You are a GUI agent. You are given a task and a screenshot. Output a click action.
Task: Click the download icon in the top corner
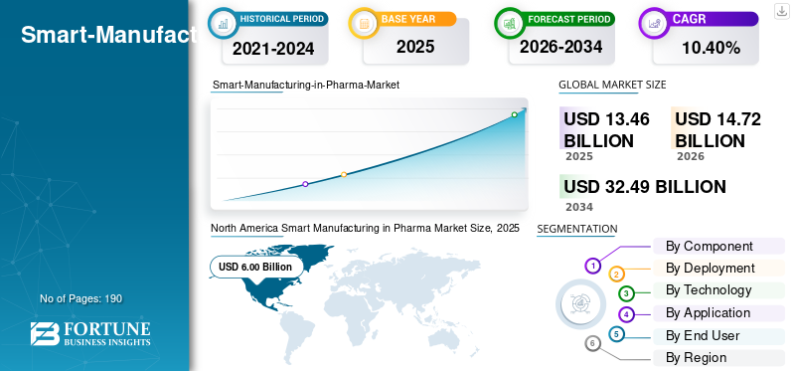click(x=781, y=10)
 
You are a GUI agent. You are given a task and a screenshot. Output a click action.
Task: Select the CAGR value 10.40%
click(x=711, y=47)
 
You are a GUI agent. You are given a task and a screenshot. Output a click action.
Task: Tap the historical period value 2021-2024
click(x=273, y=47)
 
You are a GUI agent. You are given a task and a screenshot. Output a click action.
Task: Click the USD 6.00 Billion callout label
click(x=255, y=267)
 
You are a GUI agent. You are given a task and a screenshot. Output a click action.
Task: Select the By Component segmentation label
click(x=709, y=246)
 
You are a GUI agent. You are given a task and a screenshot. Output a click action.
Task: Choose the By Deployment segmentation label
click(x=710, y=268)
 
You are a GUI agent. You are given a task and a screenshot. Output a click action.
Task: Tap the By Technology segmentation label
click(x=709, y=289)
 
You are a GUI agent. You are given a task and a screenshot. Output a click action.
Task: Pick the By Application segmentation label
click(x=708, y=312)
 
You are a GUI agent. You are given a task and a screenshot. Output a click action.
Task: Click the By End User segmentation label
click(x=703, y=335)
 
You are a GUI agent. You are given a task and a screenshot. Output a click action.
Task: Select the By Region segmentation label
click(x=696, y=357)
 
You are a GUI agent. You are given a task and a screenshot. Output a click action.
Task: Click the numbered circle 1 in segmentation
click(x=593, y=266)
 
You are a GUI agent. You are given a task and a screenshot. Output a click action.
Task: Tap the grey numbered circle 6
click(x=593, y=343)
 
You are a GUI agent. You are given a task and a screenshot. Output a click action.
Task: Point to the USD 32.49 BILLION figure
click(x=644, y=186)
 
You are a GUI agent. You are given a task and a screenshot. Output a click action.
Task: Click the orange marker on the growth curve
click(x=344, y=175)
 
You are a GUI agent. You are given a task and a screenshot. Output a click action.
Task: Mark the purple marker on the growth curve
click(x=305, y=184)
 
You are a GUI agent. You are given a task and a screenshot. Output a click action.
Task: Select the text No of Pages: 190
click(x=80, y=298)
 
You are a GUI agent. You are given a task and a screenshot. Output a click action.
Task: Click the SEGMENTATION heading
click(x=576, y=229)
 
